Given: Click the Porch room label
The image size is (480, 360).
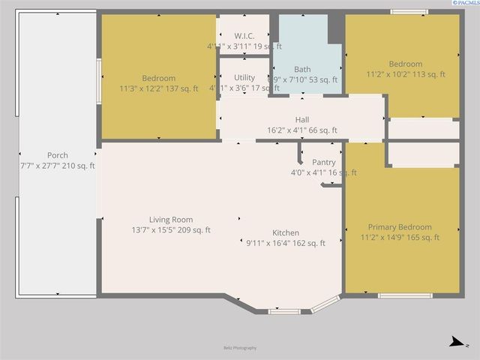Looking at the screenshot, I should pyautogui.click(x=58, y=155).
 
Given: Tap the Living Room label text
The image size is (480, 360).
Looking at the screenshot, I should pyautogui.click(x=171, y=220).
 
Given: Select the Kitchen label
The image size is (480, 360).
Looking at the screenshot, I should pyautogui.click(x=286, y=232).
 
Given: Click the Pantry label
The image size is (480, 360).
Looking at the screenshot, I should pyautogui.click(x=324, y=162).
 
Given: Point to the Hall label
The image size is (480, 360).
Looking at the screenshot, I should pyautogui.click(x=302, y=120).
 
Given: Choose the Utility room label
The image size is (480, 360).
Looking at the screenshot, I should pyautogui.click(x=244, y=77).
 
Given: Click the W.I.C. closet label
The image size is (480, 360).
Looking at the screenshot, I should pyautogui.click(x=244, y=35).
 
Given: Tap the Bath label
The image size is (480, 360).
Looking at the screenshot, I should pyautogui.click(x=302, y=69).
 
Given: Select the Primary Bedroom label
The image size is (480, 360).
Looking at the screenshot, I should pyautogui.click(x=400, y=227).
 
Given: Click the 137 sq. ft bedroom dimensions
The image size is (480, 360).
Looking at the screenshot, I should pyautogui.click(x=159, y=88).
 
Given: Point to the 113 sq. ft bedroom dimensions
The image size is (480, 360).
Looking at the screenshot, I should pyautogui.click(x=406, y=74).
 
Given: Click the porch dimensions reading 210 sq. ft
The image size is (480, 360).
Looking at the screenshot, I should pyautogui.click(x=58, y=166).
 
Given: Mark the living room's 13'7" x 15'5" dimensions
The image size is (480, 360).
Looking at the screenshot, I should pyautogui.click(x=171, y=230).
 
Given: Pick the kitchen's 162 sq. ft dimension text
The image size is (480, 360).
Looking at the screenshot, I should pyautogui.click(x=286, y=243).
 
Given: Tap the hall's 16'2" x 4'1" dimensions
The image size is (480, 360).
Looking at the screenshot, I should pyautogui.click(x=302, y=130).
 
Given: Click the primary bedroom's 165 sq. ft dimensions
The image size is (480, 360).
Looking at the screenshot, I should pyautogui.click(x=400, y=238).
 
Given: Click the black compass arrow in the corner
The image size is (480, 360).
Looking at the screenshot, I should pyautogui.click(x=454, y=342).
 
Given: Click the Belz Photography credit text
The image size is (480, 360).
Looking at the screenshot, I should pyautogui.click(x=240, y=348).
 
